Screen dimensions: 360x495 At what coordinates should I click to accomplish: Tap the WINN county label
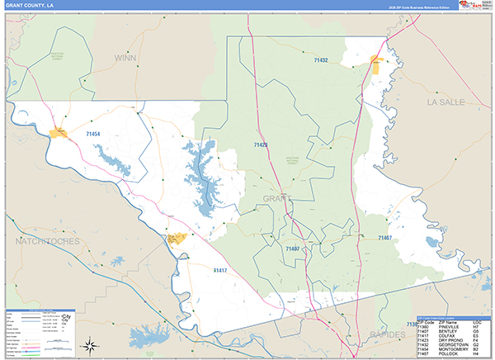point(125,59)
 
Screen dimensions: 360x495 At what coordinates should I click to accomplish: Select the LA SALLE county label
point(446,102)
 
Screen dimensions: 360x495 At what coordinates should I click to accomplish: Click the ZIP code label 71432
point(321,59)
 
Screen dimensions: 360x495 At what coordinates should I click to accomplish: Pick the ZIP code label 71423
point(261,145)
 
